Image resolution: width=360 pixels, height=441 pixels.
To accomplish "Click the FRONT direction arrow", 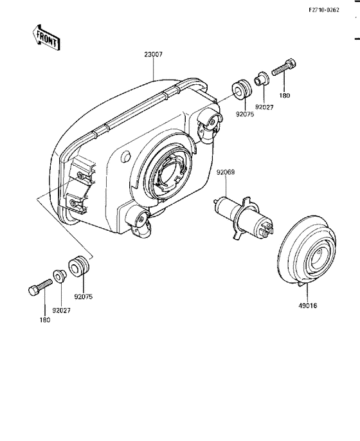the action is coord(45,38).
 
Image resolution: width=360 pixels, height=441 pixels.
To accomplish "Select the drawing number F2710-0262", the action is coord(324,10).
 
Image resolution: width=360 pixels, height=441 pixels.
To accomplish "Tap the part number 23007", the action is coord(153,54).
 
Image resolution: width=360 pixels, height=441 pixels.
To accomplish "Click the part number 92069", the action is coord(225,172).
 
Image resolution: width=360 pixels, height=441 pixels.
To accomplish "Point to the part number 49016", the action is coord(308,305).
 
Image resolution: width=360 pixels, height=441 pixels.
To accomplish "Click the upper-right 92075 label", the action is coord(244,114).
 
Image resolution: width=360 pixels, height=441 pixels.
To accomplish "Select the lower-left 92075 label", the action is coord(84,297).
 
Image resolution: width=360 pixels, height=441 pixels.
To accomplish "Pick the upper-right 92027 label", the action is coord(264,107).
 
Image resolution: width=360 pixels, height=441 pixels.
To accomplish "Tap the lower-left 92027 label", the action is coord(61,310).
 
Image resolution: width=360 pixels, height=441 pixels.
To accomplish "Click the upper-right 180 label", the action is coord(285,96).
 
